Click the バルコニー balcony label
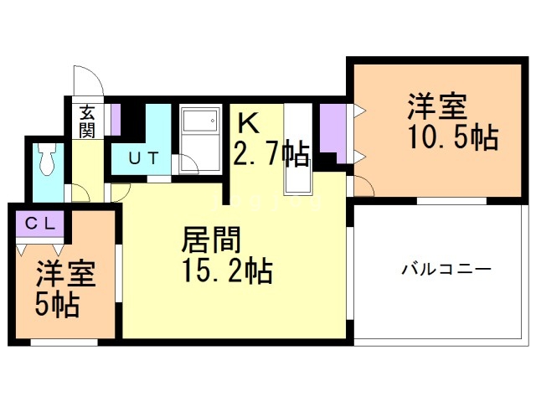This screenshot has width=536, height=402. coord(446,271)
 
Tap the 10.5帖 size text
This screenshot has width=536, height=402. coord(454,137)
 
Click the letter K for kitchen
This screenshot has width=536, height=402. coord(248,123)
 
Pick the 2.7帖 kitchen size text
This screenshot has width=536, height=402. coord(271,154)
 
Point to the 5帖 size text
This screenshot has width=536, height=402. coord(56,304)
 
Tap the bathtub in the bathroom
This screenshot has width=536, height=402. coord(199,132)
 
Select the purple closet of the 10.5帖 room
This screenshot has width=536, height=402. coord(333,131)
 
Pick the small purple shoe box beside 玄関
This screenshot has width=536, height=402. coord(116,118)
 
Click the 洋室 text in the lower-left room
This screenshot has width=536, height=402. coord(64,274)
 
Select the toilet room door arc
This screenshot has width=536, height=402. coord(80,193)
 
